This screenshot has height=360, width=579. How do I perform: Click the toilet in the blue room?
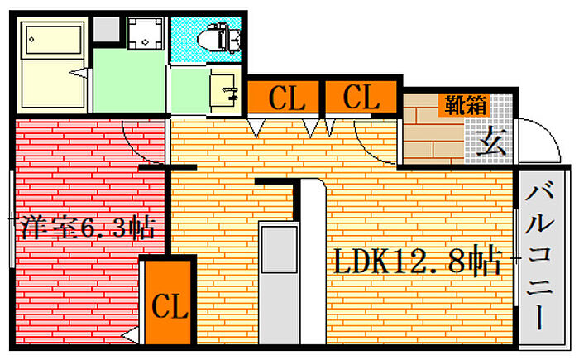click(218, 37)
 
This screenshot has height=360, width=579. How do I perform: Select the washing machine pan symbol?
click(145, 33)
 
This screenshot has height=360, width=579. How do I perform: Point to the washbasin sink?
click(224, 90)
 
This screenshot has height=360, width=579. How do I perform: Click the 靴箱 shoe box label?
click(466, 105)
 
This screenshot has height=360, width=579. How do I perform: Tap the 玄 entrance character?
click(490, 142)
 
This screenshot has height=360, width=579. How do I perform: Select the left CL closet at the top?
click(283, 97)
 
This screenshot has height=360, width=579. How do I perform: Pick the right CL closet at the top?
click(361, 97)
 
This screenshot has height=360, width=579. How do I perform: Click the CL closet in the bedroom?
click(169, 302)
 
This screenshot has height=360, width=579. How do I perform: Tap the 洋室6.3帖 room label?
click(86, 227)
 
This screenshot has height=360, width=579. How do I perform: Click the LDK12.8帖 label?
click(418, 262)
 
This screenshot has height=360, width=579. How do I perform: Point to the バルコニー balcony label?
click(540, 256)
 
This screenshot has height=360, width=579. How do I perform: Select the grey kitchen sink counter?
click(280, 283)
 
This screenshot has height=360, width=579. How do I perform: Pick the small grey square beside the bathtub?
click(106, 29)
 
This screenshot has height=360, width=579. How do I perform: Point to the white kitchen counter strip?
click(313, 262)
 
